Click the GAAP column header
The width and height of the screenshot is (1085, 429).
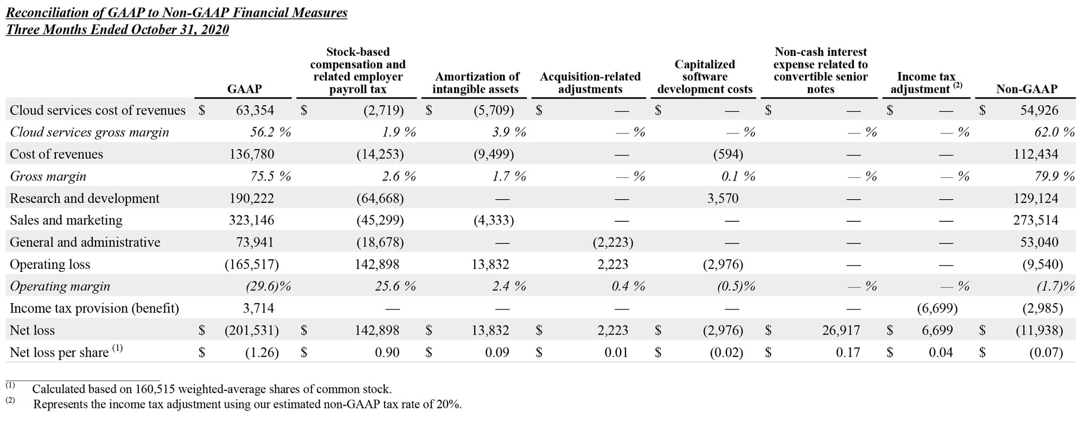click(244, 89)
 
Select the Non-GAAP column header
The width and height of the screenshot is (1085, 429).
click(1026, 89)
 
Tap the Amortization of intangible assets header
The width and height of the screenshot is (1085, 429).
click(476, 83)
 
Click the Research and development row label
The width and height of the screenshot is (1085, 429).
click(85, 199)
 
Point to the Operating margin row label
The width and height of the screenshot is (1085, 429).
click(60, 286)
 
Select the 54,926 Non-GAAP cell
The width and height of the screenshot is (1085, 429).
click(1038, 111)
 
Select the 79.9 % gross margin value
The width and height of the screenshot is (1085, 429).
click(1054, 176)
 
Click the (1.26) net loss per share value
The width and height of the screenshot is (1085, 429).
click(261, 353)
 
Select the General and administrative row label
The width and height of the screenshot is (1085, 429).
click(85, 242)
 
